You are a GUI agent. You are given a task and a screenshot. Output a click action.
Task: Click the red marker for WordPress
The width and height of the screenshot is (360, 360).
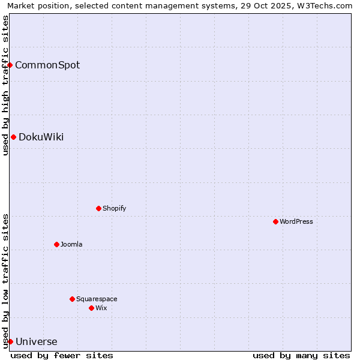(x=275, y=221)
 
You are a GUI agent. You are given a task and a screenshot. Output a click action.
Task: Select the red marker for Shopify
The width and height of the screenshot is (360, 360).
(x=98, y=208)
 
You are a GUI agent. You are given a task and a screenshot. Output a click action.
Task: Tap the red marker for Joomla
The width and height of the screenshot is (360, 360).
(x=56, y=244)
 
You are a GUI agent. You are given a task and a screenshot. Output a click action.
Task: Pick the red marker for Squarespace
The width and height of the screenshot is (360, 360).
(x=72, y=299)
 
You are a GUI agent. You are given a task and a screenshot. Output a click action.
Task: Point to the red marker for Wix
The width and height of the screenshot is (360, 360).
(x=91, y=308)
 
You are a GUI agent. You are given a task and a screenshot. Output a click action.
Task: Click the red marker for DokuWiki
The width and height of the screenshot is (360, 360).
(x=13, y=137)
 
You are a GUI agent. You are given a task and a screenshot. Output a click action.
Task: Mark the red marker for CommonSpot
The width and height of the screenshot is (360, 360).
(x=10, y=65)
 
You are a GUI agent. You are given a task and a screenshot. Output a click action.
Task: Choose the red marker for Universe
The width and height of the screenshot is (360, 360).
(x=10, y=341)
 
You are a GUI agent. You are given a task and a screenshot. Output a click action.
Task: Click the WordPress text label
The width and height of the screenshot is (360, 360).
(x=296, y=221)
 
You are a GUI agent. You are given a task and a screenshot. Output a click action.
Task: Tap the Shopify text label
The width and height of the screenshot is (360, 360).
(x=114, y=208)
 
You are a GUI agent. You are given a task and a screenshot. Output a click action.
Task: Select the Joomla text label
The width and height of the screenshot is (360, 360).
(x=71, y=244)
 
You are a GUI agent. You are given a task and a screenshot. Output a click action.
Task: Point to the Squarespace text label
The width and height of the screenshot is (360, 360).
(x=97, y=299)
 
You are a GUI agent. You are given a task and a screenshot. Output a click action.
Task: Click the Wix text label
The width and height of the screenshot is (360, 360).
(x=101, y=308)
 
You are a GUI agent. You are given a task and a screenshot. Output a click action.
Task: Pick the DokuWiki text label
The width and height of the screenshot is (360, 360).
(x=41, y=137)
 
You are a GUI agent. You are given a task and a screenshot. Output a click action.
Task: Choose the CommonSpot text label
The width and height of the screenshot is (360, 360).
(x=47, y=65)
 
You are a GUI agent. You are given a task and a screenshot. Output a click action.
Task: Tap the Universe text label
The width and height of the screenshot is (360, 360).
(x=37, y=342)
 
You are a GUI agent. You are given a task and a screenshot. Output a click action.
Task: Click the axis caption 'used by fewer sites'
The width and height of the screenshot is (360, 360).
(x=62, y=355)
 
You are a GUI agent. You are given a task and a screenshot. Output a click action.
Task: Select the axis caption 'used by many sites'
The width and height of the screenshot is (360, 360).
(x=301, y=355)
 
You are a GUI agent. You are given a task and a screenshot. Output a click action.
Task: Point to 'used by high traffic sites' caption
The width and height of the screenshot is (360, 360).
(x=5, y=85)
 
